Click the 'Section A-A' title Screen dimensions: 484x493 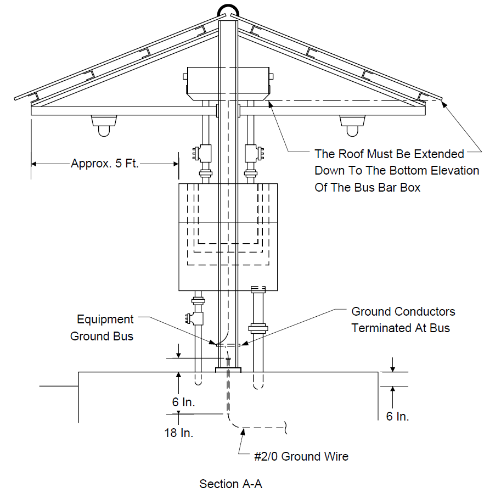pos(230,484)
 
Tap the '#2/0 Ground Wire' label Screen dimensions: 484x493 pos(301,456)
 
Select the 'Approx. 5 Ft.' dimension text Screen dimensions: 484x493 pos(105,163)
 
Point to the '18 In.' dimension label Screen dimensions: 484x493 pos(178,433)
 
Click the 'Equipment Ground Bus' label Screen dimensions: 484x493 pos(102,328)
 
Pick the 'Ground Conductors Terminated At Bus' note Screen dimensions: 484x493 pos(403,320)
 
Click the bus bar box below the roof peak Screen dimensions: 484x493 pos(228,84)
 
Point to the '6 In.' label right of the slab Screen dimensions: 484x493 pos(397,416)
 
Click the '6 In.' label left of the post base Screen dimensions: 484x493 pos(183,402)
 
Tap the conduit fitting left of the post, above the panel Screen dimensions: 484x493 pos(202,153)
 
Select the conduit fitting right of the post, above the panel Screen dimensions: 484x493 pos(255,153)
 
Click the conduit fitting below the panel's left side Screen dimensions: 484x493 pos(195,318)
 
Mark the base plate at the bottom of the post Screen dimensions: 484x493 pos(228,370)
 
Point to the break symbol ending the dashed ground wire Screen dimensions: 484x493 pos(285,428)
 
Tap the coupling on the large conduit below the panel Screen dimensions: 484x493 pos(258,328)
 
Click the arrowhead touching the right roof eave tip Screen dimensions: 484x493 pos(444,104)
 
